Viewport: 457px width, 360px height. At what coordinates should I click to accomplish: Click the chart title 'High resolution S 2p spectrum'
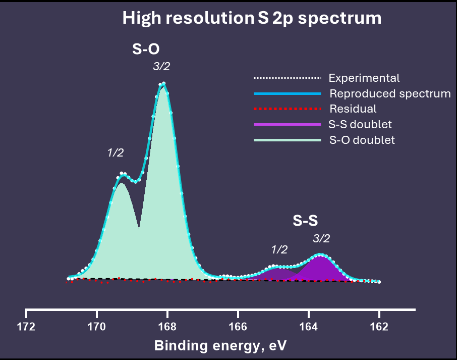(x=252, y=19)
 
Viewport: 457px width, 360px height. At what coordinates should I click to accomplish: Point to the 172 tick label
(x=26, y=327)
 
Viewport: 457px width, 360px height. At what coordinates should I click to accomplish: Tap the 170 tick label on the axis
(x=97, y=327)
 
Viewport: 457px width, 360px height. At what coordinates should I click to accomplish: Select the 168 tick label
(x=167, y=327)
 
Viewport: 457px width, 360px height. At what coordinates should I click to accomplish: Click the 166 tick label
(x=238, y=327)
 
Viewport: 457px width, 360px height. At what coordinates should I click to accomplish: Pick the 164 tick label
(x=309, y=327)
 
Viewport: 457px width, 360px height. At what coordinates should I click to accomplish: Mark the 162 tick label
(x=379, y=327)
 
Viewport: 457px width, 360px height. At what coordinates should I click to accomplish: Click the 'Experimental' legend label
(x=364, y=78)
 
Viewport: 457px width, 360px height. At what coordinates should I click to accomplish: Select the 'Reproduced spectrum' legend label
(x=390, y=93)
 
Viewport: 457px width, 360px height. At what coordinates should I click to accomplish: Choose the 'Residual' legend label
(x=353, y=109)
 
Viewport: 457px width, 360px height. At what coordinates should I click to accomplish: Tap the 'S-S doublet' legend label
(x=361, y=124)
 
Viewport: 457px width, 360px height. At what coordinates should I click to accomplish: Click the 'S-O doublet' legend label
(x=362, y=140)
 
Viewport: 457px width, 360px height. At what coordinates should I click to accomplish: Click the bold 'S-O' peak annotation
(x=146, y=49)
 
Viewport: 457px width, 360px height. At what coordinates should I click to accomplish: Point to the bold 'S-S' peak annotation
(x=306, y=221)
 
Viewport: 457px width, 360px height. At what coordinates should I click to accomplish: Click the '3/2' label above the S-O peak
(x=161, y=66)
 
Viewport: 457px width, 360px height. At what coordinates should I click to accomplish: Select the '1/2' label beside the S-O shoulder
(x=116, y=152)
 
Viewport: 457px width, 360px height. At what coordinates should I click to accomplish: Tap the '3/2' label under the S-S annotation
(x=321, y=238)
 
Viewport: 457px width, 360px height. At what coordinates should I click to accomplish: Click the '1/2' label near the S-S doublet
(x=279, y=249)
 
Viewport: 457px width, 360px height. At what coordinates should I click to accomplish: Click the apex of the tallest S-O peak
(x=163, y=84)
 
